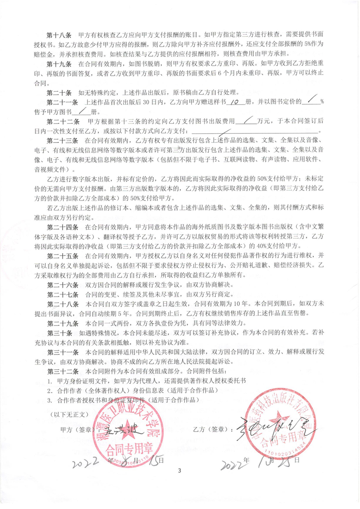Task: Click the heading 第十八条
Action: point(60,34)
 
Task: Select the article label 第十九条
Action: point(60,64)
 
